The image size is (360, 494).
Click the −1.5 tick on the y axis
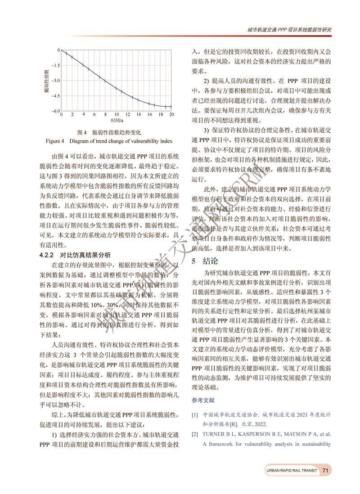click(54, 65)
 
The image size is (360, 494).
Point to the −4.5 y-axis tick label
click(54, 96)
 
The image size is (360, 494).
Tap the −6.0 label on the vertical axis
click(54, 111)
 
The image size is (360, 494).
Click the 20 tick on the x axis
click(171, 115)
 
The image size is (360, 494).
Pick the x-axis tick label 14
click(139, 115)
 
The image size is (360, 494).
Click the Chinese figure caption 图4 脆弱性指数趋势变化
click(109, 132)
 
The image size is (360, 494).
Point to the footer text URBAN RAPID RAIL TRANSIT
click(291, 470)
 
